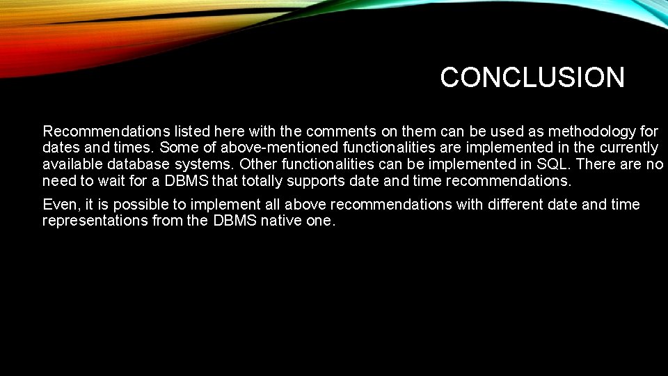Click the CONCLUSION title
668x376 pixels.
532,77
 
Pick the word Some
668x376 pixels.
178,148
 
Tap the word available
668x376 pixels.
72,164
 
